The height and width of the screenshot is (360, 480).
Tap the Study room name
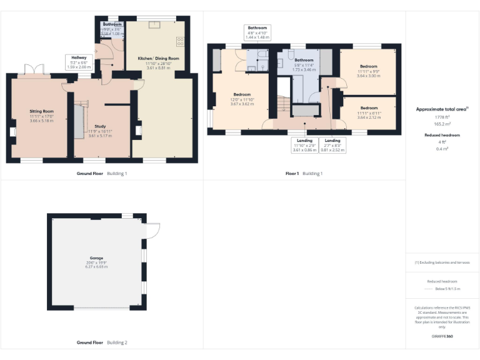coord(100,126)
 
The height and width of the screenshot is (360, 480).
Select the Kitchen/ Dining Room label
coord(158,58)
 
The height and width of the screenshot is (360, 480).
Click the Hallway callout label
coord(79,57)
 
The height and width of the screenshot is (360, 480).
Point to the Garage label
coord(96,258)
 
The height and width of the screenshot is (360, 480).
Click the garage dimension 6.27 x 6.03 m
coord(96,267)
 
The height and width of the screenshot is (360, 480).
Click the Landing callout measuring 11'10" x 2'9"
coord(304,141)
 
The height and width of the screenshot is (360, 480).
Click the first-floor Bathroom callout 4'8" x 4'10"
coord(257,28)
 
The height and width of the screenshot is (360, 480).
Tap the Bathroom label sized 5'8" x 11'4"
coord(304,60)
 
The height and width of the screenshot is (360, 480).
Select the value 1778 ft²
coord(442,117)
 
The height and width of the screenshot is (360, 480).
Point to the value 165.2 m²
coord(442,124)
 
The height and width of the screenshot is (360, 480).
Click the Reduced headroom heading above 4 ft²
coord(442,135)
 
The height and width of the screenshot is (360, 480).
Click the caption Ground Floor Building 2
coord(102,342)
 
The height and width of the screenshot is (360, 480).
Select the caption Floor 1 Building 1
coord(304,173)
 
